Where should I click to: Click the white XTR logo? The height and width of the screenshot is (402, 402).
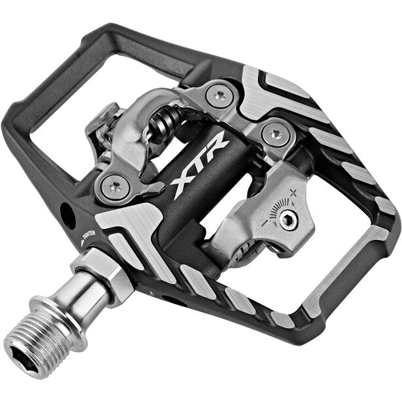(199, 163)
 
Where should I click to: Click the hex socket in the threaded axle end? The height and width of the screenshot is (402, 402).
(26, 359)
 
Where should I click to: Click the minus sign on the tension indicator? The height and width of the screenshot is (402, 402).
(264, 222)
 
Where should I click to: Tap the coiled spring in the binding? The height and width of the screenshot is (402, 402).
(164, 121)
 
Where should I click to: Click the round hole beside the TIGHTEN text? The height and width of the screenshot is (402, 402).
(68, 216)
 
